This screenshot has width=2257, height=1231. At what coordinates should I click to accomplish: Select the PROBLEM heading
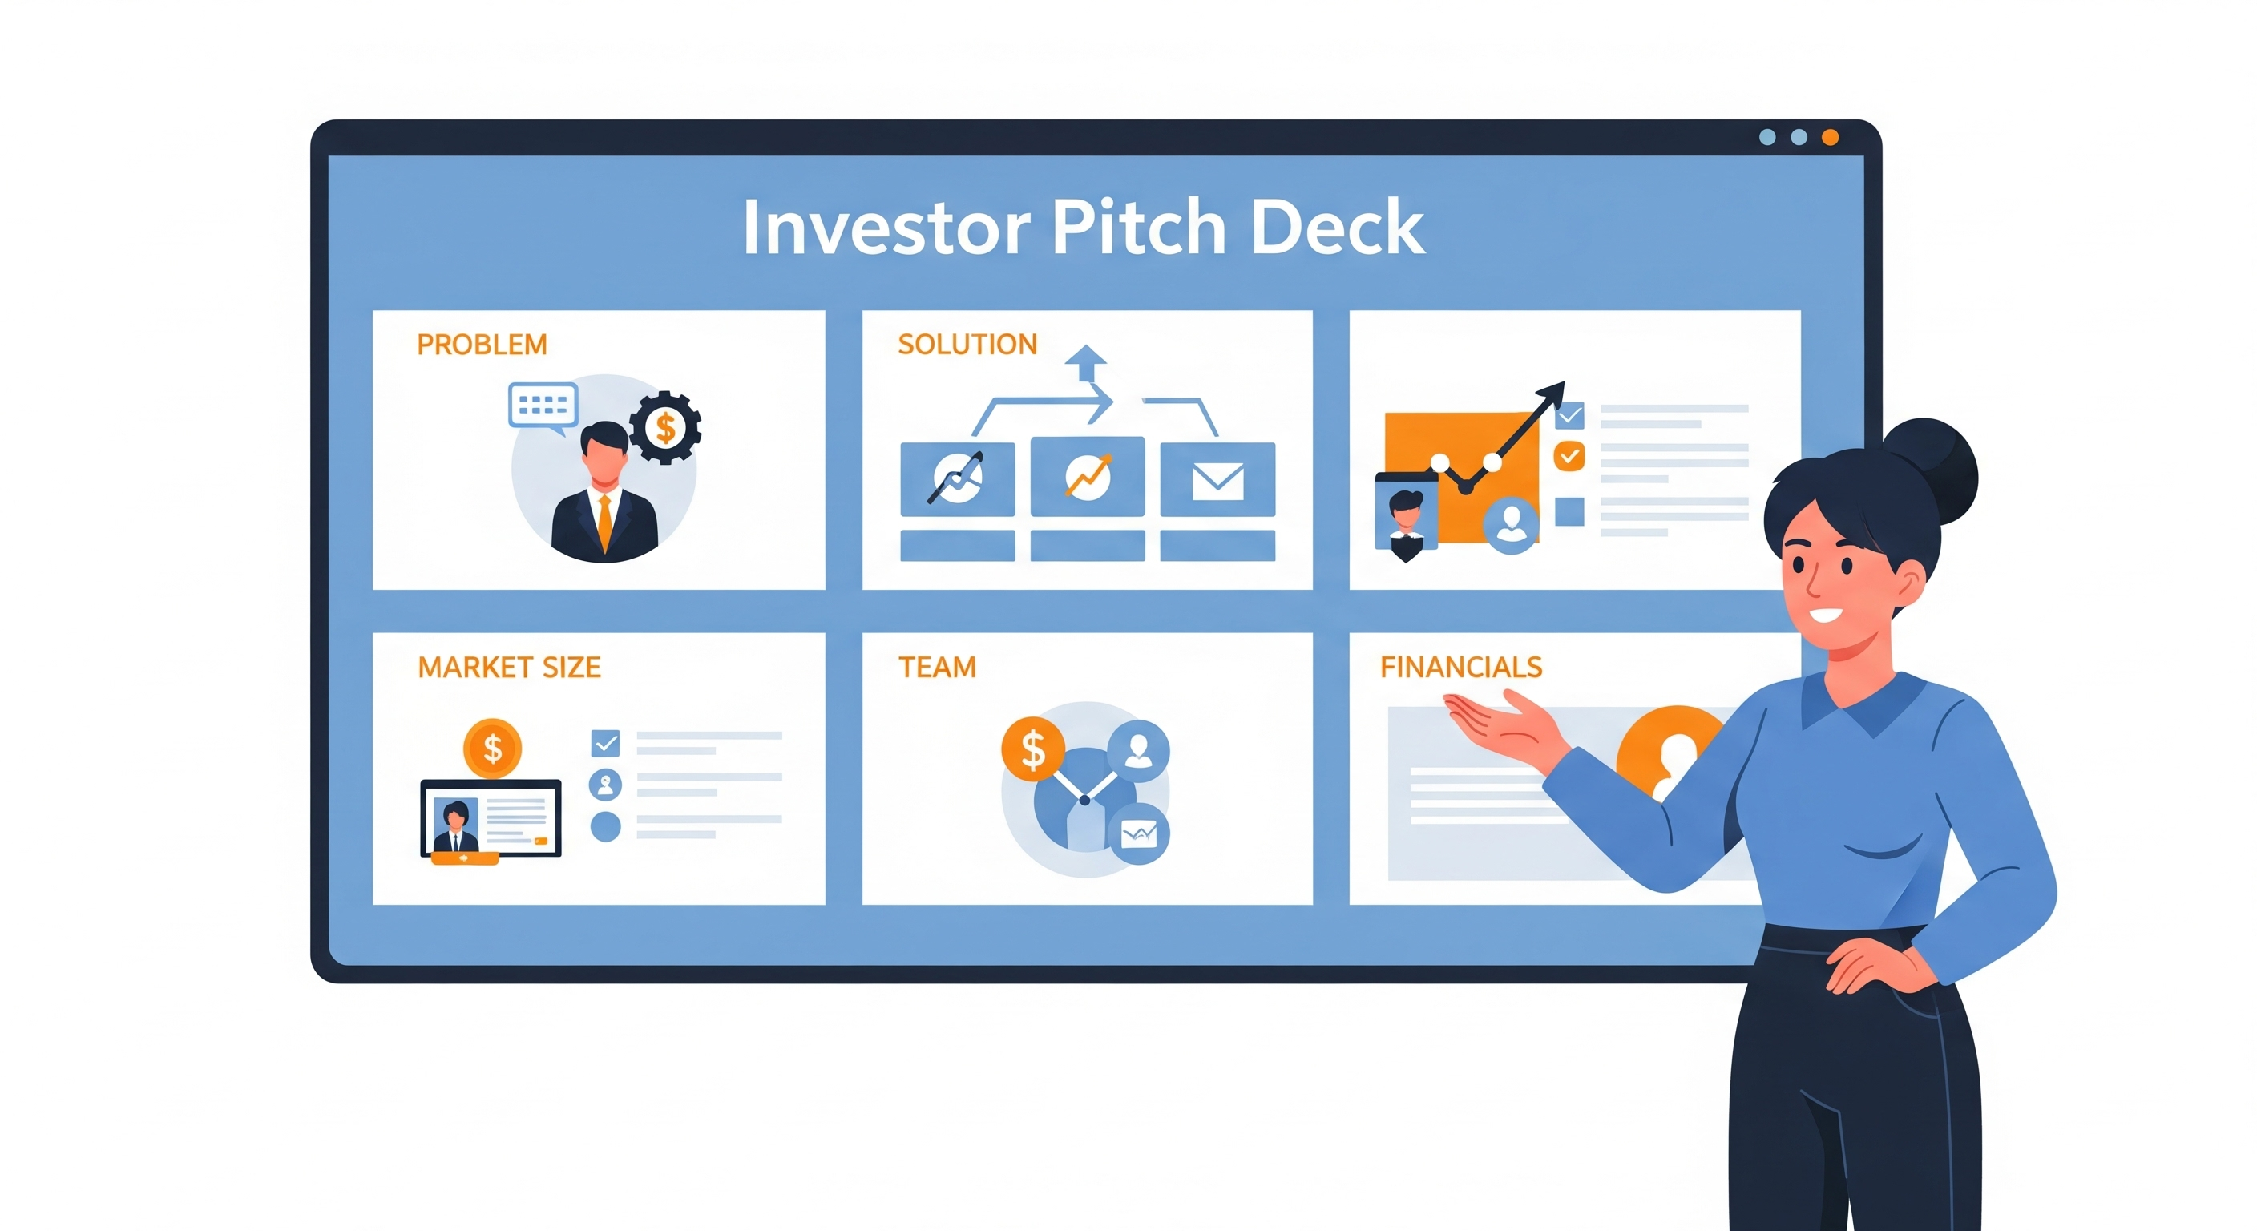click(482, 345)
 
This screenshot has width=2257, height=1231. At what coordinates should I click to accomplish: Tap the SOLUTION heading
click(967, 345)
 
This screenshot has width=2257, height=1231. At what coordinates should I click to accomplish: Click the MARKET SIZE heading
click(509, 668)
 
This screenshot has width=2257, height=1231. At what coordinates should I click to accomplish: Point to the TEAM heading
click(937, 668)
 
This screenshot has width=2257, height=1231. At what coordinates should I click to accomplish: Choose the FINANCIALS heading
click(1460, 668)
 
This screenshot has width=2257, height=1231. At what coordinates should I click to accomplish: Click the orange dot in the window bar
click(1831, 138)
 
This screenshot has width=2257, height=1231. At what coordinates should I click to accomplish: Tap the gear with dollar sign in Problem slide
click(665, 428)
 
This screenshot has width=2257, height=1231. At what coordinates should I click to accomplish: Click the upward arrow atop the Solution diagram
click(1087, 361)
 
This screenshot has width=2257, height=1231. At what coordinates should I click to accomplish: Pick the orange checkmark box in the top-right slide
click(1569, 455)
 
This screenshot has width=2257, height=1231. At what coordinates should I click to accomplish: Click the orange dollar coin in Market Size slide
click(492, 749)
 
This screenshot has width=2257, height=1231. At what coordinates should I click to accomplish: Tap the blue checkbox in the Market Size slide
click(605, 743)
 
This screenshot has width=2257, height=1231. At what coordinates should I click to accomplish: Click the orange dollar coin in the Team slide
click(1033, 749)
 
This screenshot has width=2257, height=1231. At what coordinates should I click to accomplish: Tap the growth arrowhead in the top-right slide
click(1552, 393)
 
